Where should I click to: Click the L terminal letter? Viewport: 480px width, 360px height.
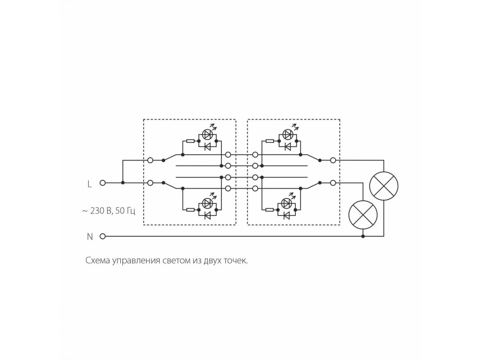[x=90, y=184]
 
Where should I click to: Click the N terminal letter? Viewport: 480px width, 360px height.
[x=90, y=237]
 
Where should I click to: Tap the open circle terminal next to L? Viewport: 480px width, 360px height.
[x=102, y=183]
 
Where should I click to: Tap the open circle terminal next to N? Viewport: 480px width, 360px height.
[x=102, y=236]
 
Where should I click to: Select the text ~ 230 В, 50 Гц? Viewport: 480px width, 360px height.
[x=109, y=211]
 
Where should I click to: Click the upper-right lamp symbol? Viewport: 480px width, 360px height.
[x=384, y=186]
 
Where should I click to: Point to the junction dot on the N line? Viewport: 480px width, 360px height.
[x=363, y=236]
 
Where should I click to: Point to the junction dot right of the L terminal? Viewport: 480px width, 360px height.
[x=123, y=183]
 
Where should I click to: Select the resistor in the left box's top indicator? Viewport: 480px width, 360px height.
[x=190, y=141]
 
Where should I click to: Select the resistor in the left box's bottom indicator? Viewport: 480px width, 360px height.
[x=190, y=209]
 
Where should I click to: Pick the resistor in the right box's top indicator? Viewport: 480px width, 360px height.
[x=270, y=141]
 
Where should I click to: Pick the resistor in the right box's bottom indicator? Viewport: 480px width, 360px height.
[x=270, y=209]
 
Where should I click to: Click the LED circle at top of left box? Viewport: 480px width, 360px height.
[x=207, y=134]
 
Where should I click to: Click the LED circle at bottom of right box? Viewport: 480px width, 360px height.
[x=286, y=202]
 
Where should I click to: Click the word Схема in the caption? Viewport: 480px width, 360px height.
[x=98, y=261]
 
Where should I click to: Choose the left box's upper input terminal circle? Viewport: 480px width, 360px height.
[x=150, y=160]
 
